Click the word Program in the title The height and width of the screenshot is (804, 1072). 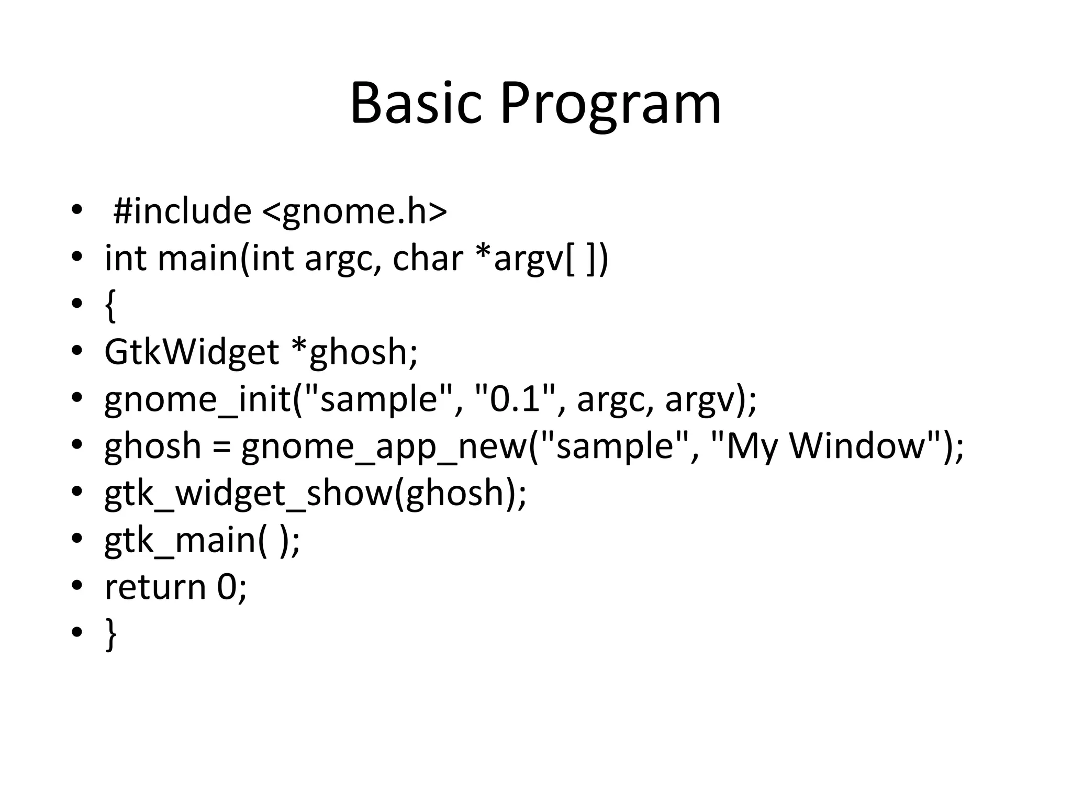tap(610, 105)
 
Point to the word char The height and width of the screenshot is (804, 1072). tap(428, 258)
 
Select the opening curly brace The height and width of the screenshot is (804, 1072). tap(110, 306)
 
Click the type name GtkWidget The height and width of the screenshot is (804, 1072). tap(191, 352)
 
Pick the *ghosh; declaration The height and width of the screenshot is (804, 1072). tap(354, 352)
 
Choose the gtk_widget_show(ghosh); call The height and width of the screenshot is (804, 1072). tap(315, 493)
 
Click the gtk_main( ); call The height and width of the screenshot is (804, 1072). tap(202, 540)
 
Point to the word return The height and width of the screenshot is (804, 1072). tap(155, 587)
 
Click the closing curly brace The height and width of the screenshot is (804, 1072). tap(110, 633)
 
